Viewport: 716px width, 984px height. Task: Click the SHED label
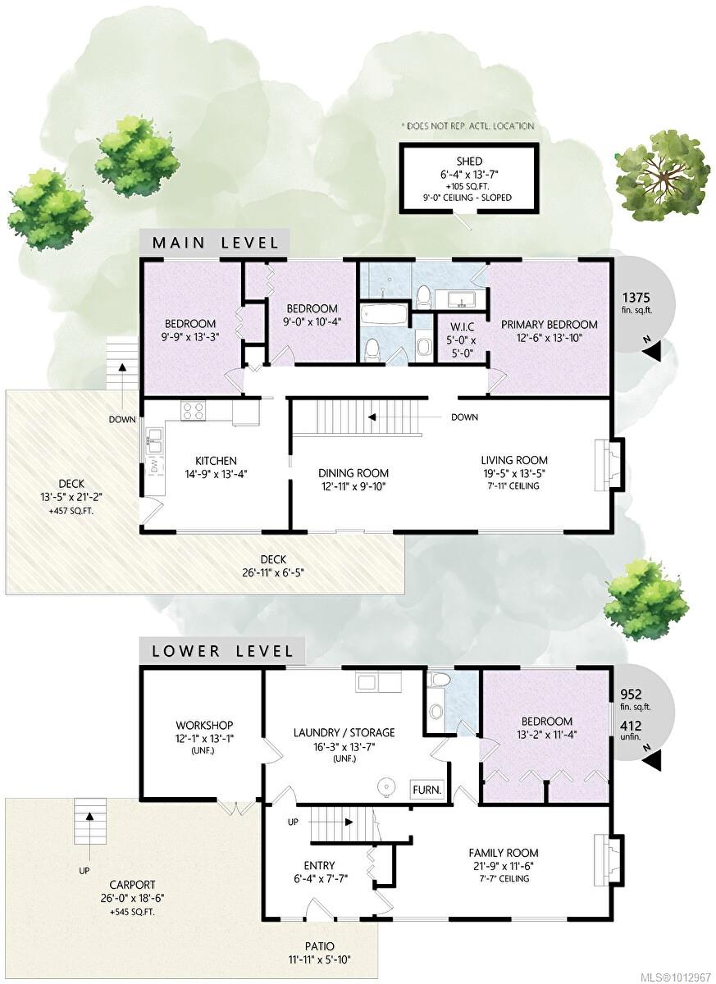[468, 162]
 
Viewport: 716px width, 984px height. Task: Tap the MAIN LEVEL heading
[215, 243]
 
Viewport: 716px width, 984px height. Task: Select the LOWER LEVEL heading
[222, 651]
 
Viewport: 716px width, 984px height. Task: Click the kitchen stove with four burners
[194, 412]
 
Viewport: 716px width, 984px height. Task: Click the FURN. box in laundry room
[427, 790]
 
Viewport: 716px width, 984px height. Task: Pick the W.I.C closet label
[462, 327]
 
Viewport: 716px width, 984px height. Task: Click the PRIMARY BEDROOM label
[549, 324]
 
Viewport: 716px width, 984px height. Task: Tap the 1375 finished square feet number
[636, 298]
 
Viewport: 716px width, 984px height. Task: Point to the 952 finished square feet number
[631, 694]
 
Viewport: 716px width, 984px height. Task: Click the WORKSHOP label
[204, 725]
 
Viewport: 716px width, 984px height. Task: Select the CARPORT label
[132, 885]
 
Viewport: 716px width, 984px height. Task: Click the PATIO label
[320, 945]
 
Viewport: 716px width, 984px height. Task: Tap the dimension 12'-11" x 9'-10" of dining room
[353, 486]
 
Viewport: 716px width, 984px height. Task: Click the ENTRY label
[319, 865]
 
